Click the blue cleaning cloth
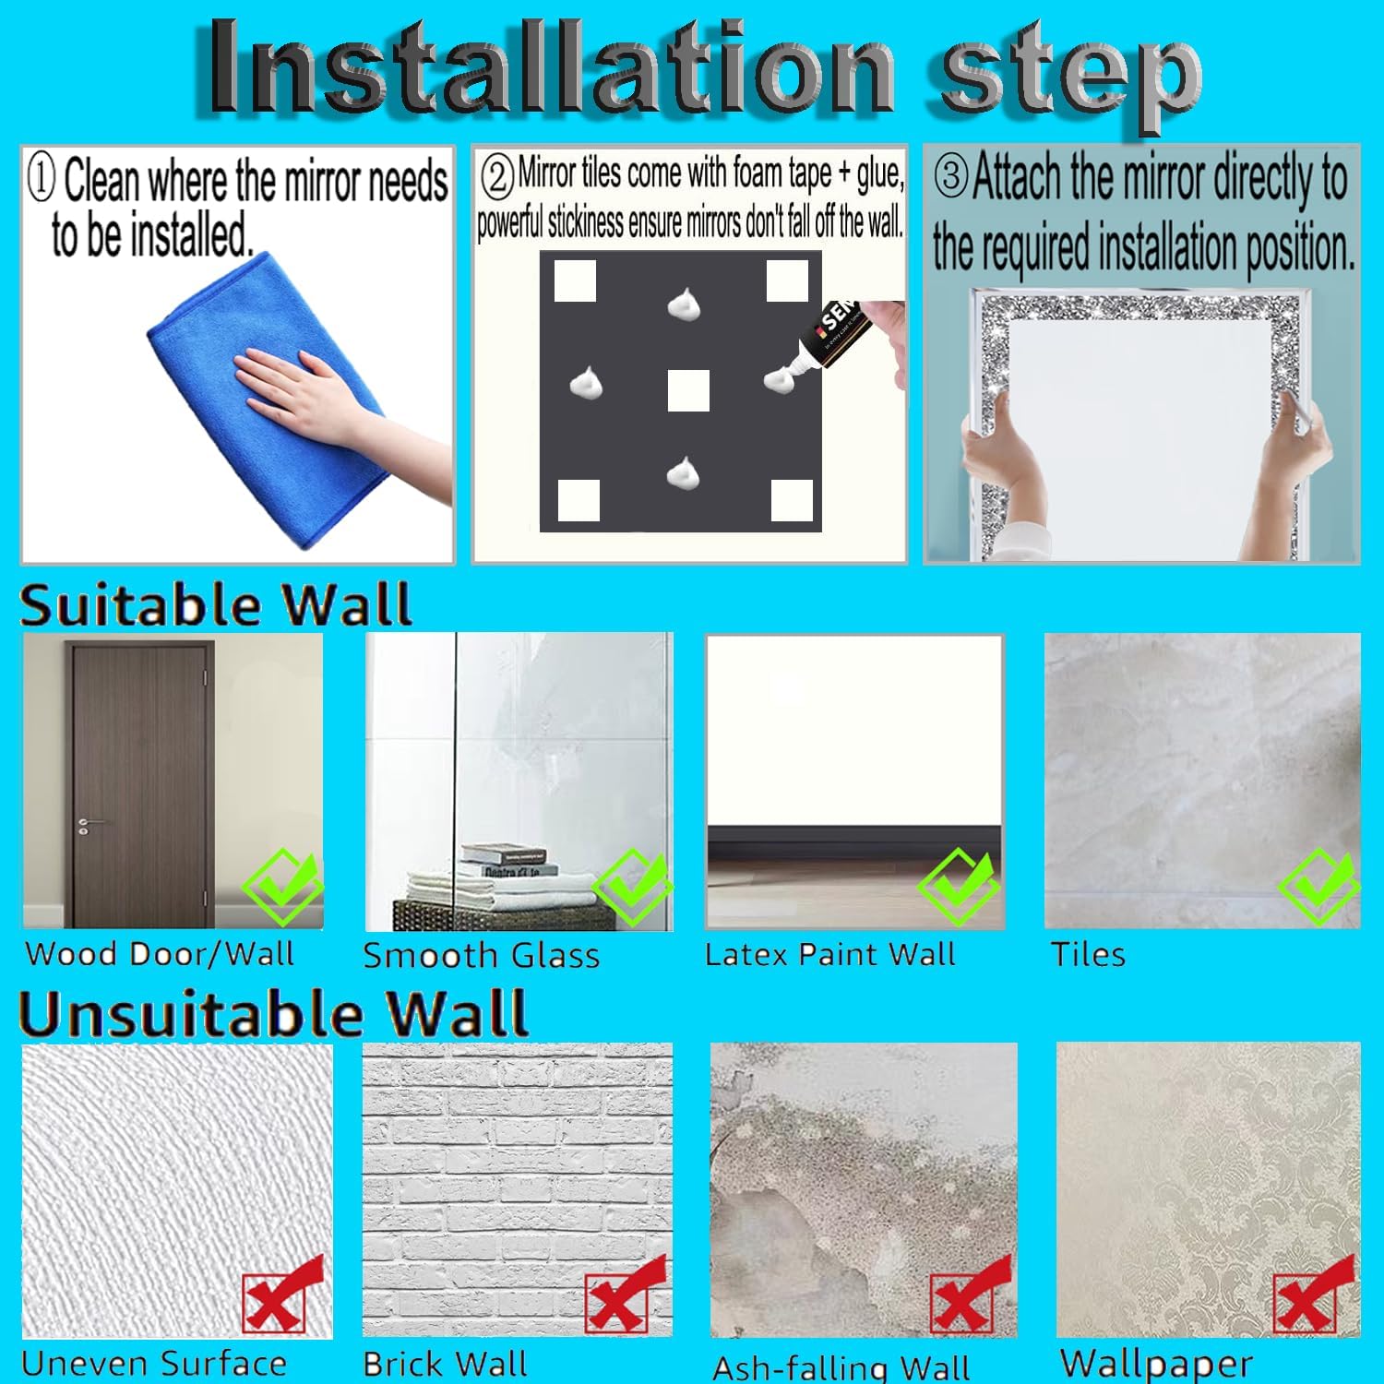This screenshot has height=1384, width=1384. pyautogui.click(x=268, y=406)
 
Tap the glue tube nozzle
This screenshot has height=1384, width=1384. pyautogui.click(x=795, y=373)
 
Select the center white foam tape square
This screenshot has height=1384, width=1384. pyautogui.click(x=688, y=390)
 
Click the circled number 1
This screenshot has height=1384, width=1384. pyautogui.click(x=42, y=177)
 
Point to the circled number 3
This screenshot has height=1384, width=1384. pyautogui.click(x=951, y=175)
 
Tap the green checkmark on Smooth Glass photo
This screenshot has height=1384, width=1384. pyautogui.click(x=633, y=886)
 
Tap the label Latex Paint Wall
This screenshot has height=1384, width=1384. pyautogui.click(x=830, y=954)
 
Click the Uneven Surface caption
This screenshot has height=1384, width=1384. pyautogui.click(x=153, y=1363)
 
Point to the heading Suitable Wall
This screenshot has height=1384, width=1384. pyautogui.click(x=215, y=605)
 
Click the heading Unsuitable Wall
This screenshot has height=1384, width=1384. pyautogui.click(x=273, y=1014)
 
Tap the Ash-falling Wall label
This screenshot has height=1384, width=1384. pyautogui.click(x=841, y=1366)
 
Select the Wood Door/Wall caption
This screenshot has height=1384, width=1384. pyautogui.click(x=160, y=953)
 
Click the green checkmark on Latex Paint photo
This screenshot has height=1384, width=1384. pyautogui.click(x=958, y=886)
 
